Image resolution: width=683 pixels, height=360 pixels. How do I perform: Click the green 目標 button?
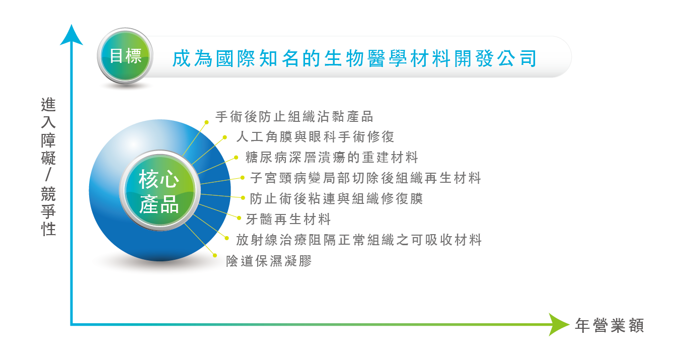click(x=125, y=56)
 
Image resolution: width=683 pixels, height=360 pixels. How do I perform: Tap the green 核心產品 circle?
click(x=160, y=190)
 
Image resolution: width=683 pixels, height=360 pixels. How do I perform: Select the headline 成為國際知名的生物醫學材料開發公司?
click(x=354, y=58)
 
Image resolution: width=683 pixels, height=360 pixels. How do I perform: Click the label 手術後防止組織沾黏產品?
click(x=294, y=116)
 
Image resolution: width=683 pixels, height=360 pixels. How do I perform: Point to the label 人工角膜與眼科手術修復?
click(x=316, y=136)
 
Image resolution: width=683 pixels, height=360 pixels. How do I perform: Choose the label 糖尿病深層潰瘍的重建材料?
click(x=332, y=158)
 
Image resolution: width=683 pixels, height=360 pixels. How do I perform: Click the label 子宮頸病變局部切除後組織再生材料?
click(x=365, y=178)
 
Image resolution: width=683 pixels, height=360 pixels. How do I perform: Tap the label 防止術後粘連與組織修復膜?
click(x=336, y=198)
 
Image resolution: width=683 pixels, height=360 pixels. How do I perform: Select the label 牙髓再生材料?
click(x=288, y=219)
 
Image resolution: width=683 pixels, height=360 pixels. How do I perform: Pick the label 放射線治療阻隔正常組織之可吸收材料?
click(x=359, y=240)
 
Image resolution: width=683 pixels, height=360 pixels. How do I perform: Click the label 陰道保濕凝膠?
click(x=269, y=261)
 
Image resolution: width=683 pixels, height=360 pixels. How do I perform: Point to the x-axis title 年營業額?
click(x=610, y=325)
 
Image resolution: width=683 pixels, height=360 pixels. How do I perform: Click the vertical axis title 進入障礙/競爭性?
click(x=48, y=167)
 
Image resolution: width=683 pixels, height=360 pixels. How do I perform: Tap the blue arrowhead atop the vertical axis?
click(x=71, y=35)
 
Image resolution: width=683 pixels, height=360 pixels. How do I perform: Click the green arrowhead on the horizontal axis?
click(x=559, y=325)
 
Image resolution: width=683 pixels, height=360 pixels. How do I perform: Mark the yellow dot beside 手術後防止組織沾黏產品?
click(x=206, y=122)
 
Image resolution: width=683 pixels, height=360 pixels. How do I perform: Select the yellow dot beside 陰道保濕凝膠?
click(x=215, y=256)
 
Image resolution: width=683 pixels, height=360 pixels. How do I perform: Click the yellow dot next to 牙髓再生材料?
click(x=239, y=218)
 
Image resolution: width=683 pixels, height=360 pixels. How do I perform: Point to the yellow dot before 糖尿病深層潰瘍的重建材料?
click(x=236, y=158)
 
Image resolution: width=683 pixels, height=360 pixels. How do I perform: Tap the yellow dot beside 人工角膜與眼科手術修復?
click(x=224, y=137)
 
